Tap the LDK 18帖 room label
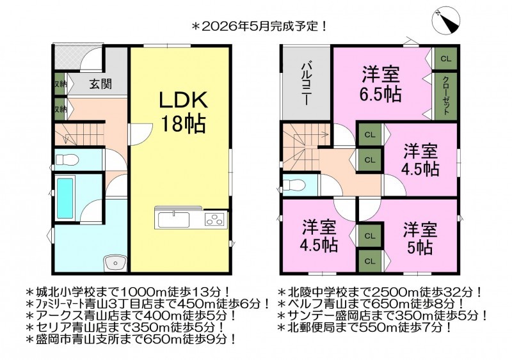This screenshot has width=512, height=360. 183,112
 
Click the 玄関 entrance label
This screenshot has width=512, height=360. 100,84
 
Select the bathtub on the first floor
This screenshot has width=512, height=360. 65,198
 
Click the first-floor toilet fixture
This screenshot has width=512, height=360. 67,160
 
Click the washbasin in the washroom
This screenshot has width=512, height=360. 115,262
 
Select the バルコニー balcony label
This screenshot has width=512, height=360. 306,84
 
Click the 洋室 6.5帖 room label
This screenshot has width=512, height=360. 380,84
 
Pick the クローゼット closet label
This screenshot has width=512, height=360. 445,95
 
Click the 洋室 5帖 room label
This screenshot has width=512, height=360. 420,239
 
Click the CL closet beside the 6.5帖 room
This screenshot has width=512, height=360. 445,58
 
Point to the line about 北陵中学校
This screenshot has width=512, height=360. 380,291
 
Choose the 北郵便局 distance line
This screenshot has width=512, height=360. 365,327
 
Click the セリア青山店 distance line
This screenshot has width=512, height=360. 126,327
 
